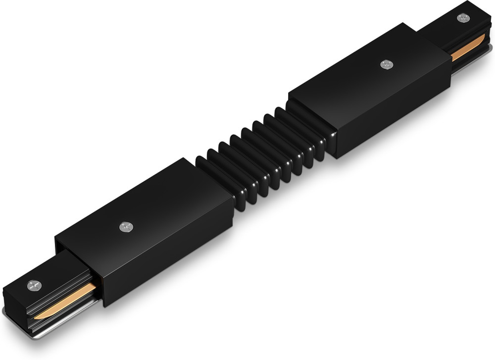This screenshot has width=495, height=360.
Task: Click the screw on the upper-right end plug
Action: click(x=463, y=18)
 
